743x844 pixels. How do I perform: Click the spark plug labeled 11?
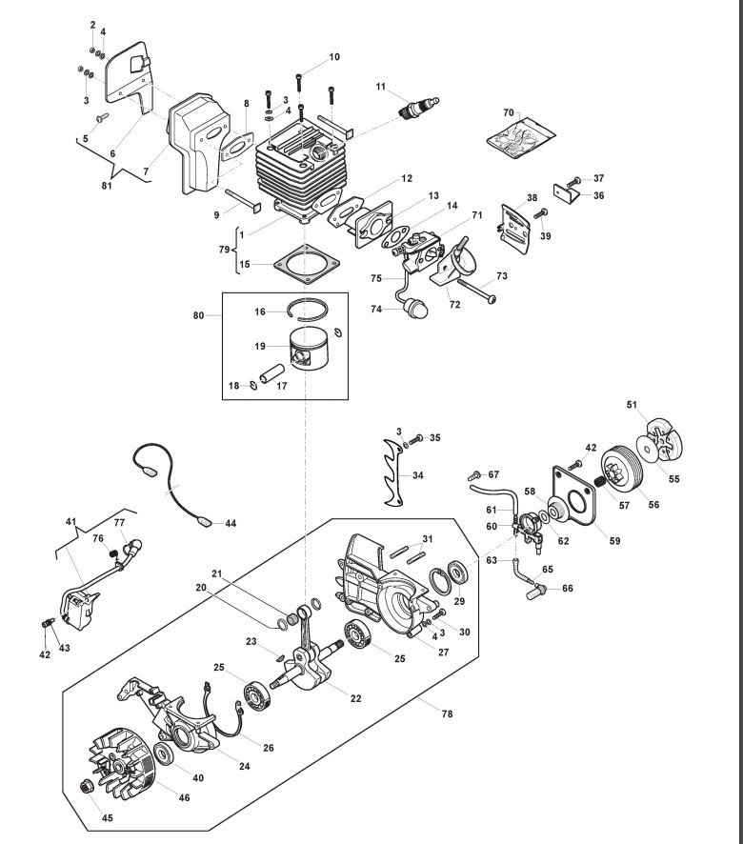(x=419, y=107)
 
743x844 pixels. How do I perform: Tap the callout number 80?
(x=199, y=315)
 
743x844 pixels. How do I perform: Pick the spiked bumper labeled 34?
(x=393, y=472)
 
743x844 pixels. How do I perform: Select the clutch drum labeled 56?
(x=621, y=470)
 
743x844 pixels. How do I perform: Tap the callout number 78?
(x=447, y=713)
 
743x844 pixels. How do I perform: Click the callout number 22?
(x=356, y=698)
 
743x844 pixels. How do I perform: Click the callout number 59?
(x=614, y=540)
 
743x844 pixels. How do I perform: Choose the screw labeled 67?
(x=473, y=475)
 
